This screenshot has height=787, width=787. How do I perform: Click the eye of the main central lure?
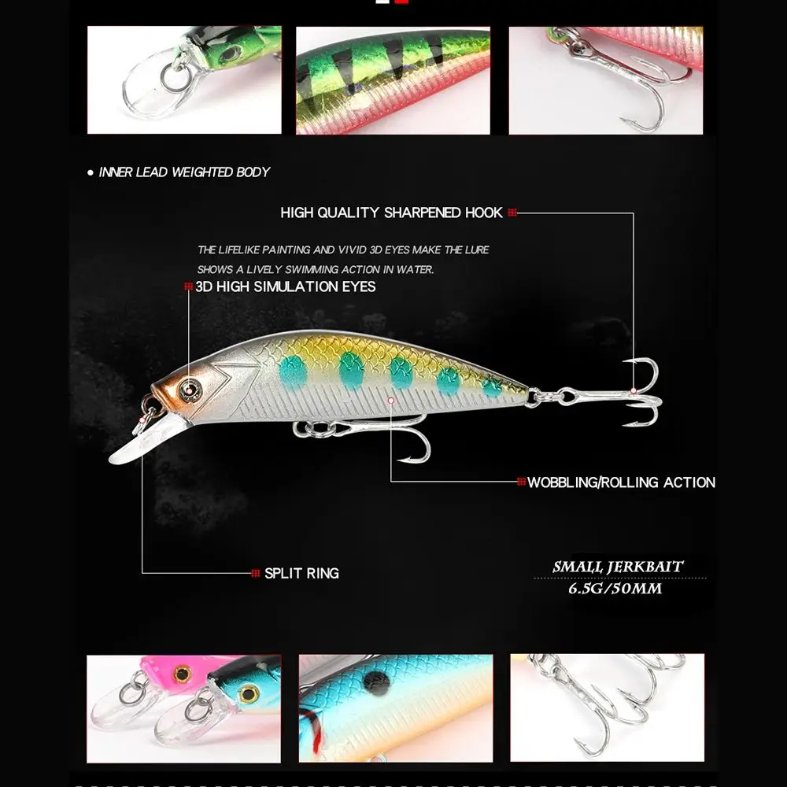click(190, 390)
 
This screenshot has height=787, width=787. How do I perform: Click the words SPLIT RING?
click(301, 573)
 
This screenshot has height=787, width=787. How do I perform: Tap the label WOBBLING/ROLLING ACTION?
click(622, 482)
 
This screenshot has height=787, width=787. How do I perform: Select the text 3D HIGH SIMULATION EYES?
click(286, 286)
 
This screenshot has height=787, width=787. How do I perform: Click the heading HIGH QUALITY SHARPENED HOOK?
click(391, 212)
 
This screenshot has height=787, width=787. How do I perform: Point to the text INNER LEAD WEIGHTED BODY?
click(184, 172)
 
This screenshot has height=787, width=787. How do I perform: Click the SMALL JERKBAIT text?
click(617, 567)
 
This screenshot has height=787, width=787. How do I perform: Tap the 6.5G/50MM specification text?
click(615, 588)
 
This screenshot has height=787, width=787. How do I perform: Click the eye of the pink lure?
click(183, 674)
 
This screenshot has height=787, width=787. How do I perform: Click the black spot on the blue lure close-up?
click(376, 682)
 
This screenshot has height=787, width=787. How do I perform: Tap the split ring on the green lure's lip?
click(174, 77)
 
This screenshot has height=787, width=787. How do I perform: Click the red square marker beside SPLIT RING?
click(256, 573)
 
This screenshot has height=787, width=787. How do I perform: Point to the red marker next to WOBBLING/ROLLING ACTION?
click(522, 482)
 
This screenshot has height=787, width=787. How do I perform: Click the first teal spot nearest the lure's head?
click(293, 372)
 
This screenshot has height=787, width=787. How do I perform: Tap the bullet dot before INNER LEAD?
click(91, 172)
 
